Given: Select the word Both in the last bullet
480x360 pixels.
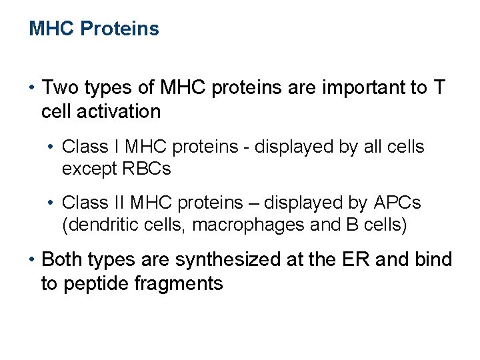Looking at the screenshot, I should tap(61, 260).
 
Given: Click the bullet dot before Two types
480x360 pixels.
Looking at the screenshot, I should tap(32, 88).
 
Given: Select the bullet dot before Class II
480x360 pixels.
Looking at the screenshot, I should tap(52, 202).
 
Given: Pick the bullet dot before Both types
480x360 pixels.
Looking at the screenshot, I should tap(32, 260).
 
